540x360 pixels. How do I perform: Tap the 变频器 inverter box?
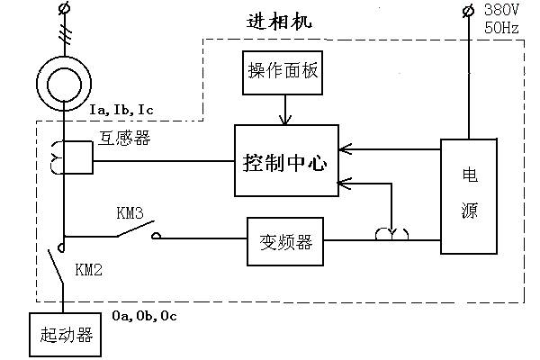284,240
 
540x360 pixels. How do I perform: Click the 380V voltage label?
502,11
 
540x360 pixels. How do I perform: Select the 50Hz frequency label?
502,28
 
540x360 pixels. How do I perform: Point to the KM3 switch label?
131,214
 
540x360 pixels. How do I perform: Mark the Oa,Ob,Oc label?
139,316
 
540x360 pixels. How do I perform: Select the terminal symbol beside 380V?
467,11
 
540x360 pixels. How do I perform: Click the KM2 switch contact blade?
55,266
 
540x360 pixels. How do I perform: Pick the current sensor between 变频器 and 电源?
391,235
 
